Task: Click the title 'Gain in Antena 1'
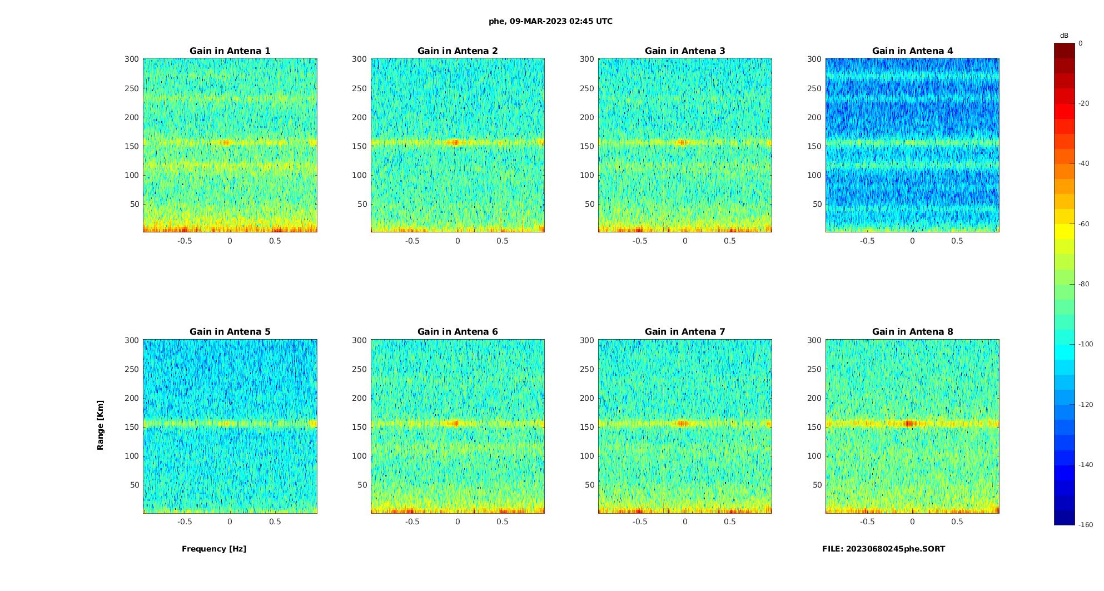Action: (x=230, y=51)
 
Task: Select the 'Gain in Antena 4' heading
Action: (x=912, y=51)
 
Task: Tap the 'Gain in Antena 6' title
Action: (x=457, y=332)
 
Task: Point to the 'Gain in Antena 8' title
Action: (x=912, y=332)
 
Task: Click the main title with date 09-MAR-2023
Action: (x=550, y=22)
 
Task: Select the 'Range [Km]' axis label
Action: (x=101, y=425)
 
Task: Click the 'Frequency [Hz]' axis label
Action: (x=214, y=549)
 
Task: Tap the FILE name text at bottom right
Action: (x=883, y=549)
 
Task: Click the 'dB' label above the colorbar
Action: (x=1064, y=36)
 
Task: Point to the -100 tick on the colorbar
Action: (x=1085, y=344)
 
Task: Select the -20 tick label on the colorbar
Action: (x=1084, y=103)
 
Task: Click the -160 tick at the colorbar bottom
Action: (x=1085, y=525)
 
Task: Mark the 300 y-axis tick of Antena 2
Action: (x=360, y=59)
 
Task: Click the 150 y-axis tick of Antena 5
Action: (x=132, y=427)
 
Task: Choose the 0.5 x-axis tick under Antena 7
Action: (x=730, y=522)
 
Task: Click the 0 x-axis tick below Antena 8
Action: (x=912, y=522)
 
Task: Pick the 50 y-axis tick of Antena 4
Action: (x=817, y=204)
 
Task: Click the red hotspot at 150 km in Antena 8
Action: (x=909, y=423)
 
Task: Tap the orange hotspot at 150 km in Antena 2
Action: (x=455, y=142)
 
